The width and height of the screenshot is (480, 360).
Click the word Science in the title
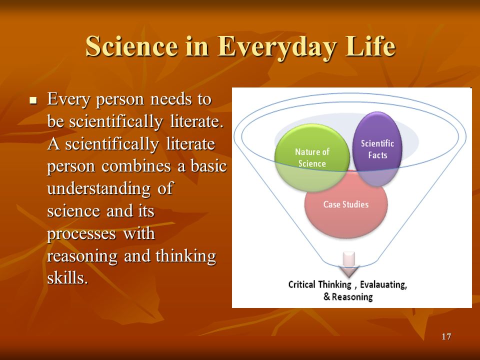[x=131, y=46]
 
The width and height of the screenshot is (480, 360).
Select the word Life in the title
[x=370, y=46]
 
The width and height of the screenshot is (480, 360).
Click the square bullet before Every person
[x=33, y=100]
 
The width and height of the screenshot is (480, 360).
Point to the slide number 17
[x=446, y=336]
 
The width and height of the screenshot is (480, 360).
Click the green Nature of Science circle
[x=312, y=157]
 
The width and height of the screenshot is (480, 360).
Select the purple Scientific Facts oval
[x=377, y=149]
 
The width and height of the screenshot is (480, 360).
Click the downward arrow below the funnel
[x=349, y=264]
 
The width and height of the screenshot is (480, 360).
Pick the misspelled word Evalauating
[x=383, y=284]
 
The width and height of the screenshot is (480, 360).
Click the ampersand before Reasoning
[x=326, y=296]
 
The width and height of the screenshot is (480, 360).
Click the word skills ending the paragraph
[x=67, y=277]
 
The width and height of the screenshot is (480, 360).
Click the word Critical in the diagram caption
[x=301, y=284]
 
